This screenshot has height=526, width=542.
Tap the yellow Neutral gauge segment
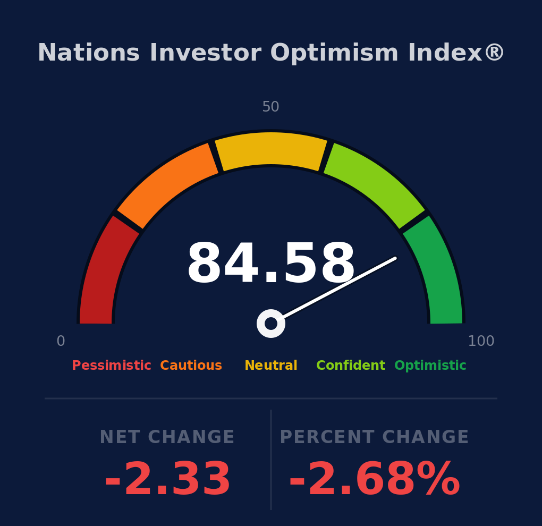point(271,149)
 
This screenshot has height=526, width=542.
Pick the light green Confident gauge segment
point(375,183)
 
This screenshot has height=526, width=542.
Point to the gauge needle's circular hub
point(271,324)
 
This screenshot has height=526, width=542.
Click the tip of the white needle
point(395,258)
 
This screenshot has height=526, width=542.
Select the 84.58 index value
point(271,262)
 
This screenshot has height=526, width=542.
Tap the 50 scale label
point(270,106)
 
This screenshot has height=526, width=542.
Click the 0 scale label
point(61,341)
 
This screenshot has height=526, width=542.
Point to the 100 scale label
point(481,341)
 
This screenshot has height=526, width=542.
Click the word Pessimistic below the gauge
point(111,366)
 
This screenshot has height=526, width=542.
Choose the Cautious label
point(191,366)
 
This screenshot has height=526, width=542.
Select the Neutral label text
point(271,366)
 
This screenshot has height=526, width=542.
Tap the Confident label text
point(351,366)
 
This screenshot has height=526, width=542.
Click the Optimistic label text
point(430,366)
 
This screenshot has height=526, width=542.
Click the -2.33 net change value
point(167,479)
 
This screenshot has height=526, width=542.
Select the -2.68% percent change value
point(375,479)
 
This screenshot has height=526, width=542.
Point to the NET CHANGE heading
point(167,437)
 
